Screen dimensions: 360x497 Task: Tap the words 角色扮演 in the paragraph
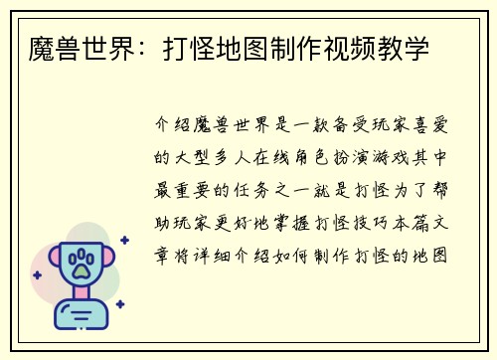(x=324, y=159)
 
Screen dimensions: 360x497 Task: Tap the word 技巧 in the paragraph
(x=369, y=222)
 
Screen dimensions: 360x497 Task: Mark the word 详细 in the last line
(x=215, y=254)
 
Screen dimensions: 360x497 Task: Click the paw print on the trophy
(x=81, y=264)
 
